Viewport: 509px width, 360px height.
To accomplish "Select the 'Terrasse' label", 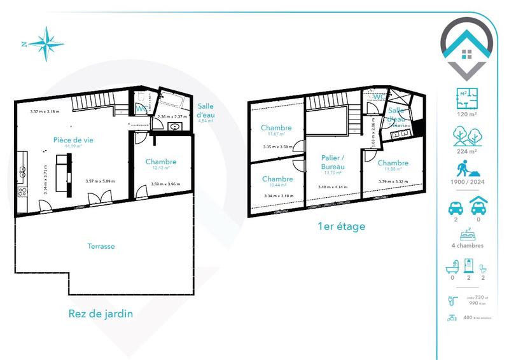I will point(101,246).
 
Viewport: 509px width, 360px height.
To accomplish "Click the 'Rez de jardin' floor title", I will point(101,314).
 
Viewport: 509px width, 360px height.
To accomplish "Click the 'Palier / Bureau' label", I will point(333,162).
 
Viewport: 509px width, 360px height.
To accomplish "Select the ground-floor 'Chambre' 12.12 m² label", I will point(160,162).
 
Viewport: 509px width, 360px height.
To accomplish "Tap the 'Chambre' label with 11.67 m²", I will point(276,128).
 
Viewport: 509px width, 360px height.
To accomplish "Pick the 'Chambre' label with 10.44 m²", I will point(277,179).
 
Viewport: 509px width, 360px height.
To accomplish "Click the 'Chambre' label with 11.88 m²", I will point(392,163).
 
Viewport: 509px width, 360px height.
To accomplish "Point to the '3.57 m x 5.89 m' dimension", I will point(101,182).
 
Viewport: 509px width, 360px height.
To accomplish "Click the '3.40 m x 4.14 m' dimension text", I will point(333,187).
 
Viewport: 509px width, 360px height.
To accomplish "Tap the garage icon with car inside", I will point(478,207).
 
